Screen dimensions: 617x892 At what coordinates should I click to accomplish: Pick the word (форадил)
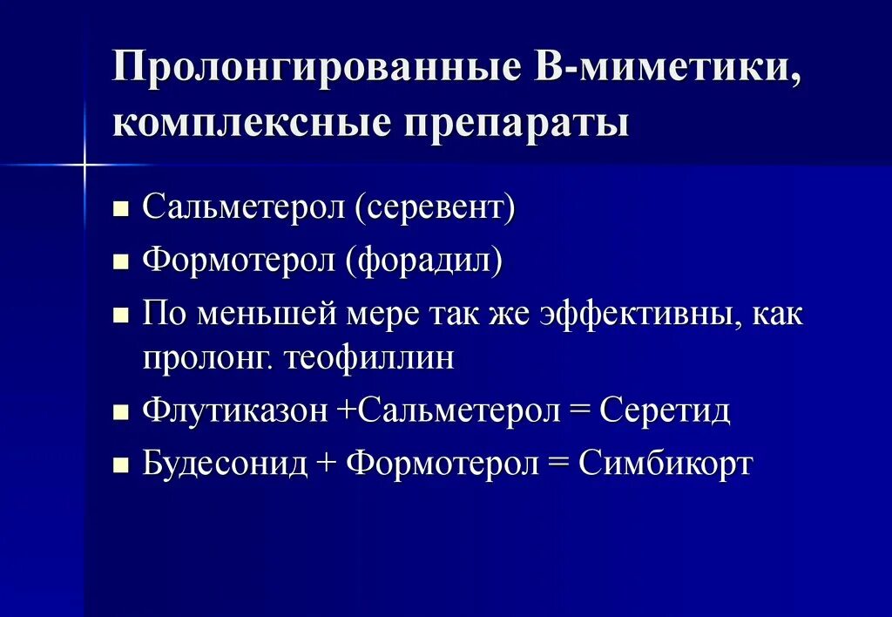pyautogui.click(x=424, y=261)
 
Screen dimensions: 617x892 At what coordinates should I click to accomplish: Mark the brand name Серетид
pyautogui.click(x=666, y=411)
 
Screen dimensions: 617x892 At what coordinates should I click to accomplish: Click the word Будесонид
pyautogui.click(x=226, y=464)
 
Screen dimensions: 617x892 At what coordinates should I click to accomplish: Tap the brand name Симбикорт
pyautogui.click(x=666, y=464)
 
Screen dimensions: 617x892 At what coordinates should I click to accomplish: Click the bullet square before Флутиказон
pyautogui.click(x=121, y=413)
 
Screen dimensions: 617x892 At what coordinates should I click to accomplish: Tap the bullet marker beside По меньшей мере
pyautogui.click(x=121, y=315)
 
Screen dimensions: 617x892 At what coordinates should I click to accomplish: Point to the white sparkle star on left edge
pyautogui.click(x=85, y=164)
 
